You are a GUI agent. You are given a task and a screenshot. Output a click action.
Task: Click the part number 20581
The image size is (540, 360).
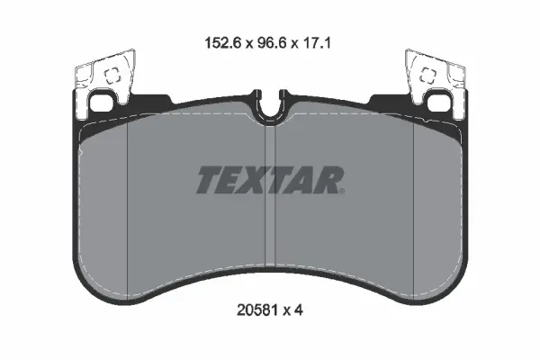point(255,310)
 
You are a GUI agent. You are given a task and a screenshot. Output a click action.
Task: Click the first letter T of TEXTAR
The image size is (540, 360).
point(208,181)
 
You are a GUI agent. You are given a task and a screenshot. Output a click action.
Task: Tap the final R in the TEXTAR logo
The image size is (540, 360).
point(326,181)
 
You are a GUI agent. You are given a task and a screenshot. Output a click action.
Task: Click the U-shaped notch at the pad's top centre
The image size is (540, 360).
point(269,108)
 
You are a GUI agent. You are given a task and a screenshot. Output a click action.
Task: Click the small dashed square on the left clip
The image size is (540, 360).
point(113,77)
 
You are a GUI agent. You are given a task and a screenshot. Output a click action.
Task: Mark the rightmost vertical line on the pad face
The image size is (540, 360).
point(412,207)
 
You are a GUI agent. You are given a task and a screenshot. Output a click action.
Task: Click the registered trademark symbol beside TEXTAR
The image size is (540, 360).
point(341,189)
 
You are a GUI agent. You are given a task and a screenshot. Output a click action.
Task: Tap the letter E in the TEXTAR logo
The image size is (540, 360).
point(231,181)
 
